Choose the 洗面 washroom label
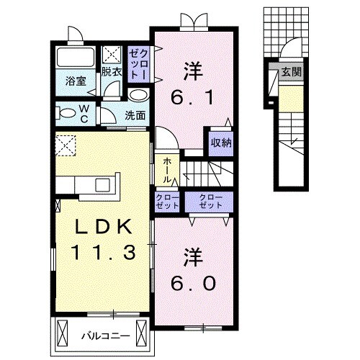click(134, 114)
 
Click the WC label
click(85, 112)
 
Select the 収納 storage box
click(221, 142)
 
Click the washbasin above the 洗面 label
click(139, 95)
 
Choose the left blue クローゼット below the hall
click(166, 201)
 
